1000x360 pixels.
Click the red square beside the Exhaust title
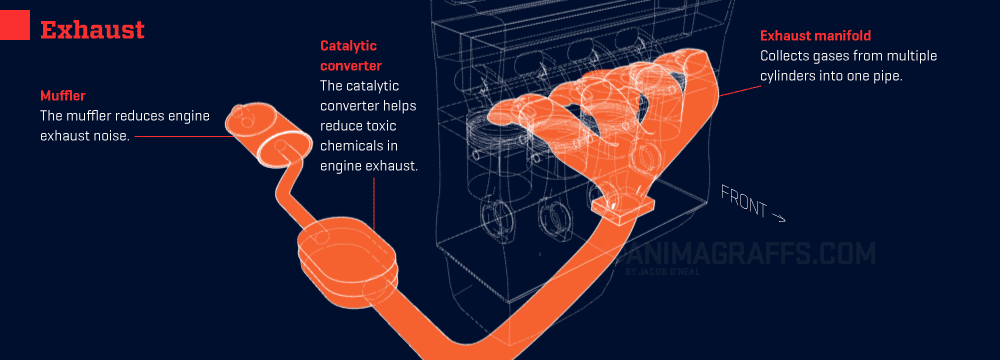tap(15, 26)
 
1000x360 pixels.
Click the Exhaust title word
tap(92, 29)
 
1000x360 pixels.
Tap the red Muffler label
tap(62, 96)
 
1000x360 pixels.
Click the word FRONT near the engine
tap(744, 200)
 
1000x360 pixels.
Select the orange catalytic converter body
tap(348, 252)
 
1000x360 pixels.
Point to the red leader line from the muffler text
tap(184, 136)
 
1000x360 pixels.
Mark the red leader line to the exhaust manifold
tap(739, 88)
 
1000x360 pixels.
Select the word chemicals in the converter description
tap(349, 146)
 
